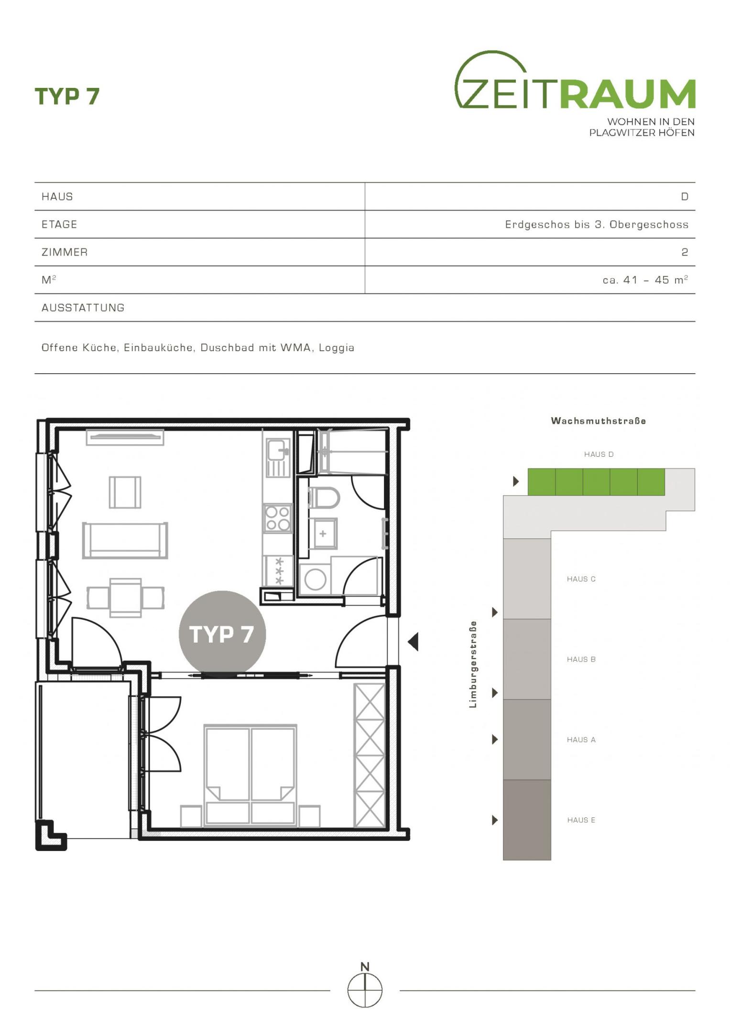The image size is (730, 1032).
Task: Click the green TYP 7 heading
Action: (x=67, y=96)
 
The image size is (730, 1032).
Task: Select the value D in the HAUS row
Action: (x=685, y=197)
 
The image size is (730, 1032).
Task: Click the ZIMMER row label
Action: (x=65, y=252)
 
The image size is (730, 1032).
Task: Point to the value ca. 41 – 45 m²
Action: (x=645, y=279)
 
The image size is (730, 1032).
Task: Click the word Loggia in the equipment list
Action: (x=337, y=348)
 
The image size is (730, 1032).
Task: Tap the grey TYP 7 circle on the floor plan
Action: (x=222, y=634)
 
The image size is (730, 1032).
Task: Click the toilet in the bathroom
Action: (x=324, y=498)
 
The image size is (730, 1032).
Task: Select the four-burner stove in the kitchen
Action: (x=278, y=518)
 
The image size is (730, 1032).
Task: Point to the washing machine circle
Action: (x=315, y=580)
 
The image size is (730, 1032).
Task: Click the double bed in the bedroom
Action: (x=250, y=775)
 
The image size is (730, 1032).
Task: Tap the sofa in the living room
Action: (x=125, y=540)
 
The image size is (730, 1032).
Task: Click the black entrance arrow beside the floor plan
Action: (x=413, y=642)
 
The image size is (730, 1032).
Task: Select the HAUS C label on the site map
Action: (x=581, y=579)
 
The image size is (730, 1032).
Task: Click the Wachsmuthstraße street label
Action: (x=599, y=421)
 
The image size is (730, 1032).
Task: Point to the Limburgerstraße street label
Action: (x=473, y=664)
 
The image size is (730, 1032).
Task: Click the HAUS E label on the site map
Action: (x=581, y=820)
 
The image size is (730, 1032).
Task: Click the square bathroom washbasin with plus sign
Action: (x=323, y=534)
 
